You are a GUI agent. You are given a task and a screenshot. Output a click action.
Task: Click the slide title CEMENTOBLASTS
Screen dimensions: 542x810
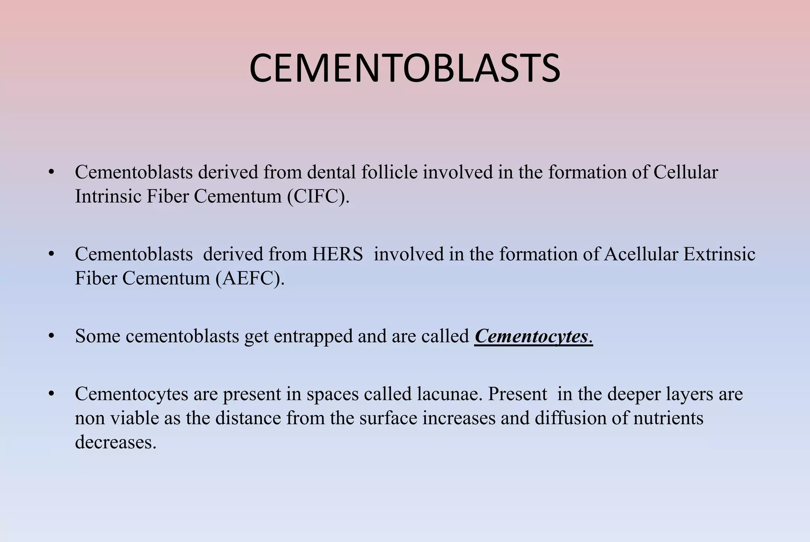click(405, 68)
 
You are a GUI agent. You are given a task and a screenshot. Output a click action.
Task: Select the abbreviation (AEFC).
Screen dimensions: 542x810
click(250, 278)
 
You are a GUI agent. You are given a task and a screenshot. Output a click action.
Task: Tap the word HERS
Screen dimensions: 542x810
click(337, 254)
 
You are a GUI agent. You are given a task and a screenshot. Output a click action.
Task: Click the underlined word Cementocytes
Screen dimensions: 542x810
click(531, 336)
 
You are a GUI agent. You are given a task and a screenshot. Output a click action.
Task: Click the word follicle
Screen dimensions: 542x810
click(389, 172)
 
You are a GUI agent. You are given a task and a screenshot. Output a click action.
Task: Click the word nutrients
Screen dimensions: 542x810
click(668, 418)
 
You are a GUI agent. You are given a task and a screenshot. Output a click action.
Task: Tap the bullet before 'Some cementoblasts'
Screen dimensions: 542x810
click(51, 336)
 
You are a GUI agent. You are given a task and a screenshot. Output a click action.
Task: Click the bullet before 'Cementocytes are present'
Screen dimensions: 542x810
click(51, 394)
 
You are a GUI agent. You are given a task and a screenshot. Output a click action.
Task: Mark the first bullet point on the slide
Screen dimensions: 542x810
click(51, 172)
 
